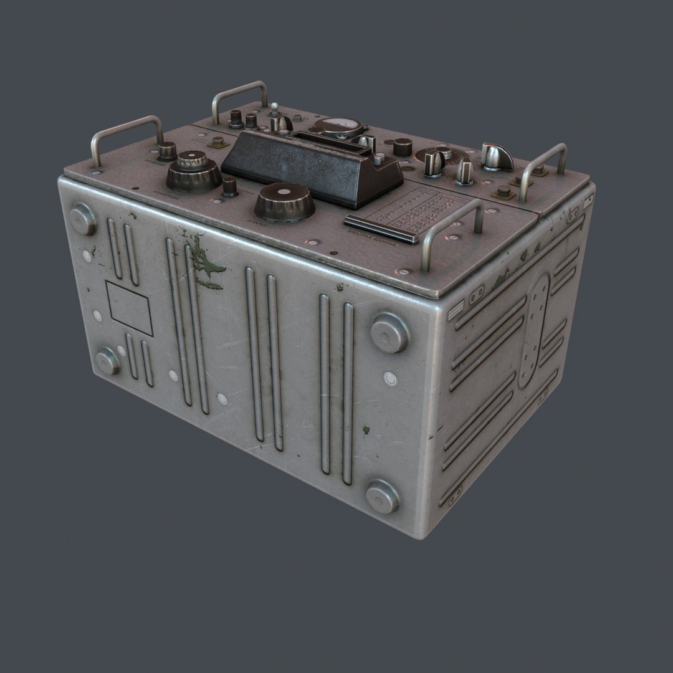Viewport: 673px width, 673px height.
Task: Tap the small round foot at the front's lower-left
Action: [107, 361]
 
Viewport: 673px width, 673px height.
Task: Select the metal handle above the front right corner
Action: [452, 227]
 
